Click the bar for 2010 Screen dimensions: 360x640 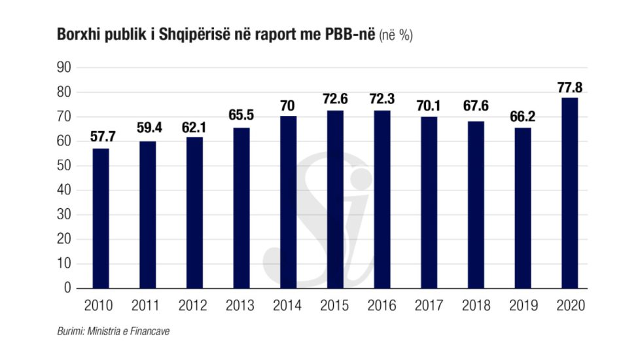[101, 218]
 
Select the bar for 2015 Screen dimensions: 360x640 [335, 199]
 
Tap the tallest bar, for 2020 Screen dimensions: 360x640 [569, 192]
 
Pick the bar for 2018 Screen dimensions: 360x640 [476, 204]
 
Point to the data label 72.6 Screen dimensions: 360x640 [335, 100]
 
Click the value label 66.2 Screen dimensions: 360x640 [522, 118]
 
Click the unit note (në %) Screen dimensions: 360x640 [395, 37]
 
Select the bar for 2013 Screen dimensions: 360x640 [241, 207]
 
